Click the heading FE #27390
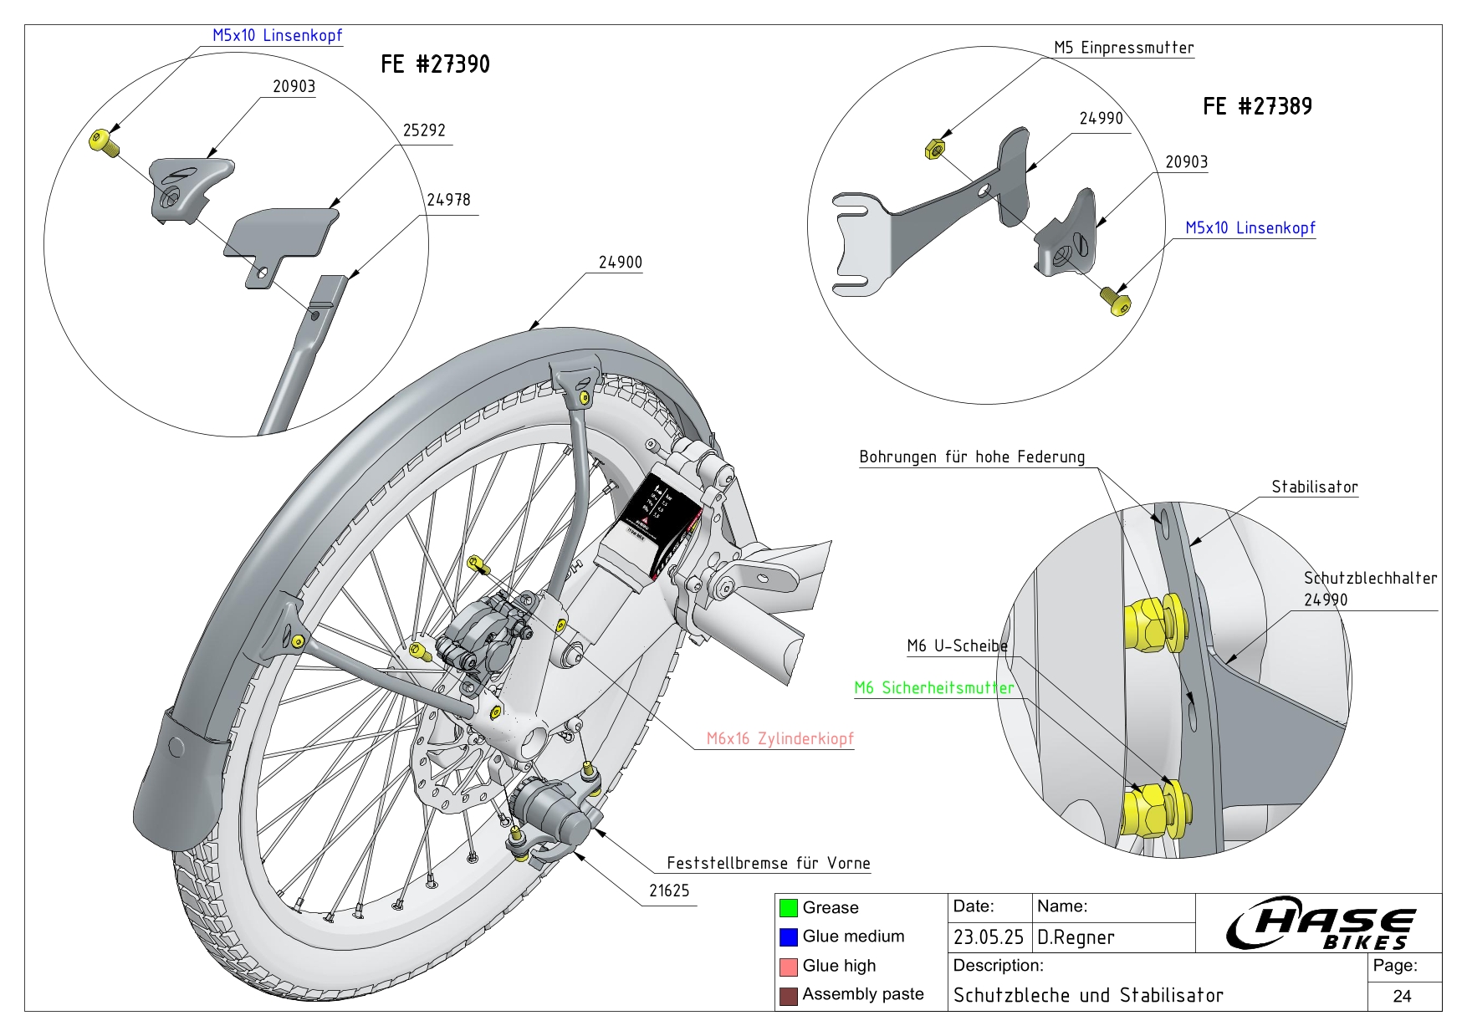pos(435,64)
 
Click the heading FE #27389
pos(1257,106)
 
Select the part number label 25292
pos(424,130)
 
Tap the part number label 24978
pos(448,200)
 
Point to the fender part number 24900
pos(620,263)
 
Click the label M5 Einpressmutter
pos(1123,48)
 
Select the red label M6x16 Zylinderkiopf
pos(780,738)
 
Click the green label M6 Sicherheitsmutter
pos(933,688)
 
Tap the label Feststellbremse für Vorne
pos(768,863)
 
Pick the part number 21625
pos(669,891)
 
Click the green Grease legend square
pos(788,908)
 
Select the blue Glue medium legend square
pos(788,936)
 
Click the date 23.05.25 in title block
pos(988,937)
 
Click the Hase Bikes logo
pos(1320,924)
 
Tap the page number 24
pos(1402,996)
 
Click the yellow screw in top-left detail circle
pos(102,141)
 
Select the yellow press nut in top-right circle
pos(934,150)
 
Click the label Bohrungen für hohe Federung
pos(972,457)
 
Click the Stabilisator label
pos(1314,487)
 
